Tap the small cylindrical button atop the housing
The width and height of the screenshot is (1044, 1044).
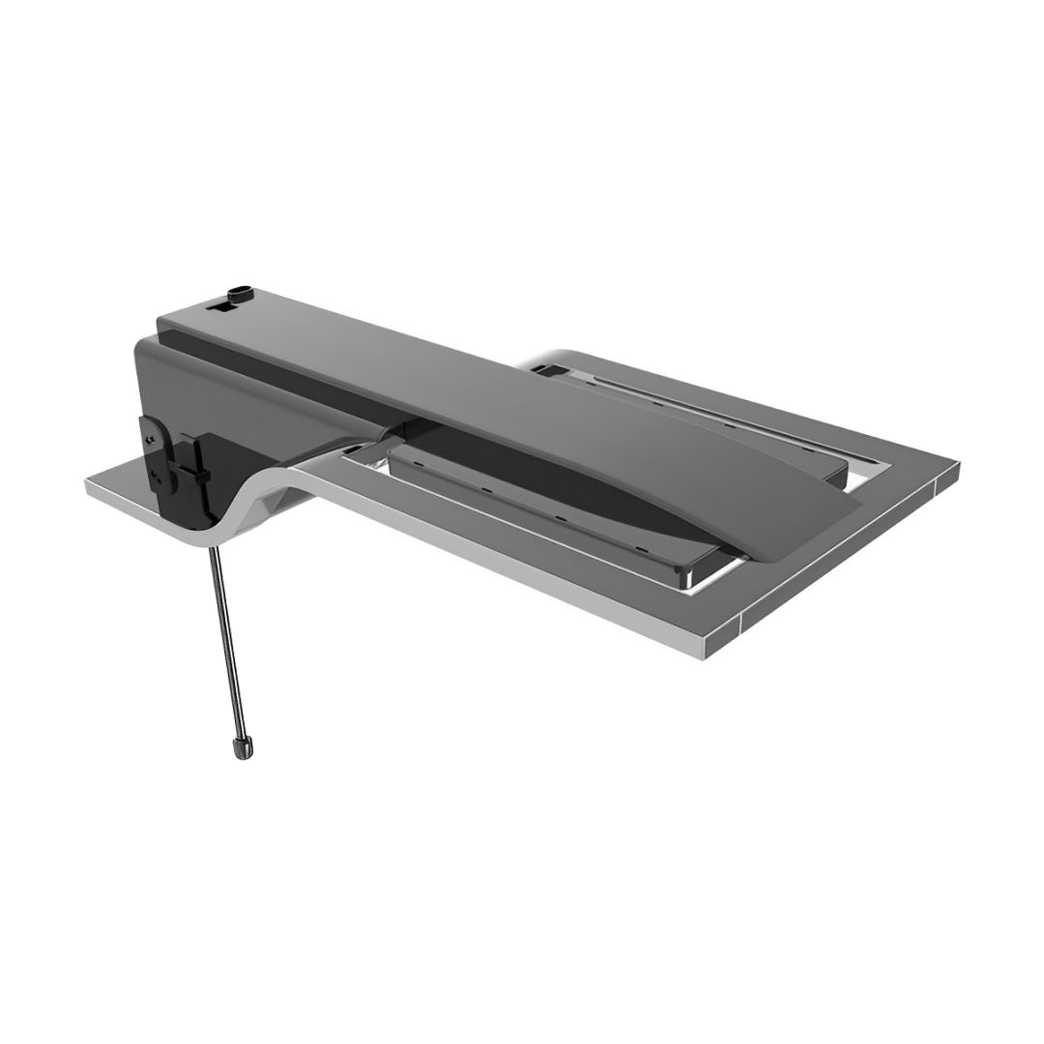240,291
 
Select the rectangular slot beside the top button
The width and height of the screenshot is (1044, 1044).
220,306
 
